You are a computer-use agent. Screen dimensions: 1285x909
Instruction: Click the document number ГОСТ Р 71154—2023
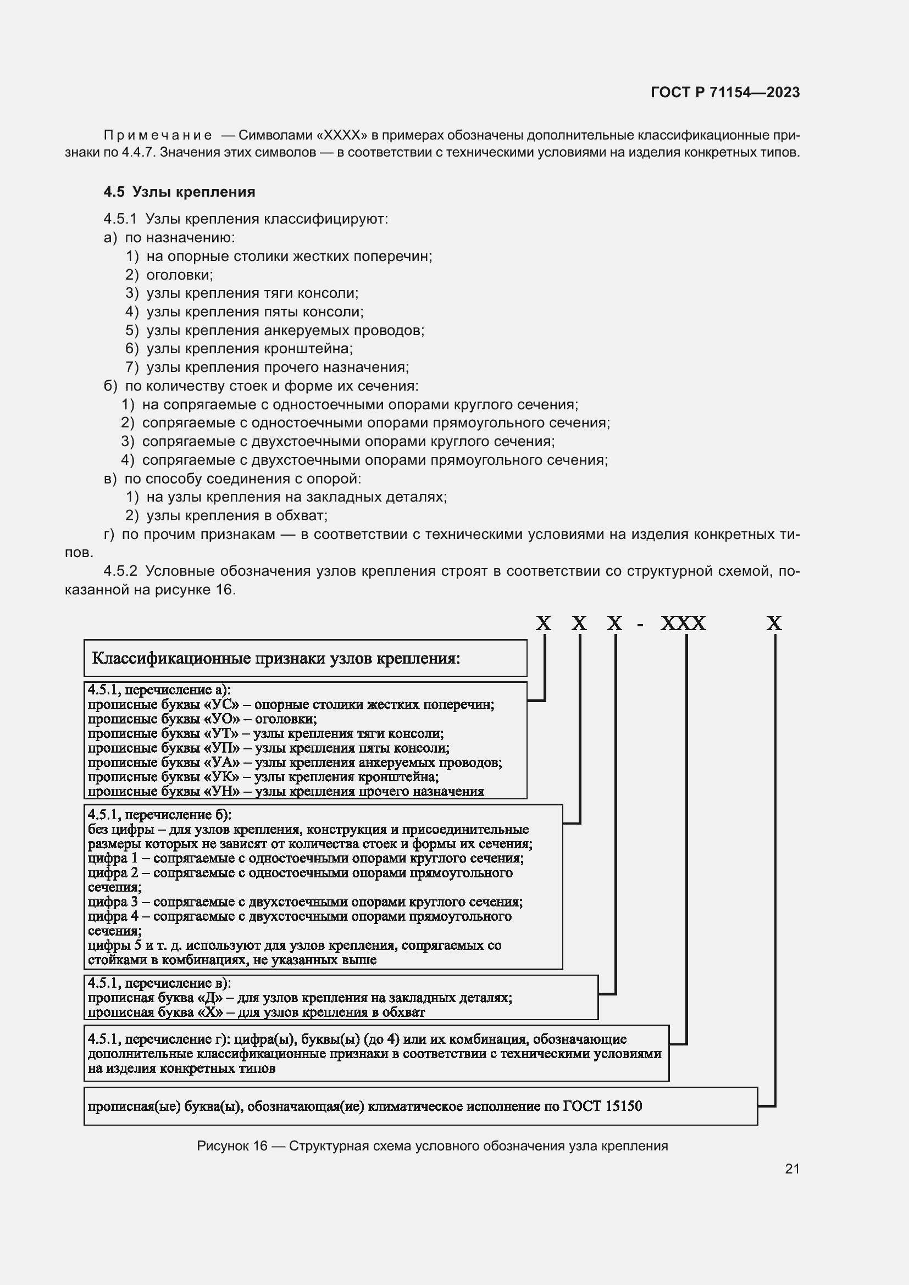[x=725, y=92]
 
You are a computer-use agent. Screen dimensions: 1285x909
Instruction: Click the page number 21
[x=792, y=1169]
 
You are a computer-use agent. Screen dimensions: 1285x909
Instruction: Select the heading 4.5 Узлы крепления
[x=179, y=192]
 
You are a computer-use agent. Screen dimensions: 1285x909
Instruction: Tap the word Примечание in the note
[x=158, y=136]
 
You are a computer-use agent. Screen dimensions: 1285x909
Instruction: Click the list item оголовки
[x=179, y=275]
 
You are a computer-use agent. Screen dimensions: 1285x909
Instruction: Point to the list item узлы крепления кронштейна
[x=249, y=349]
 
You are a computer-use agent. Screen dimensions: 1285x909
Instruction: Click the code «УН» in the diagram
[x=225, y=791]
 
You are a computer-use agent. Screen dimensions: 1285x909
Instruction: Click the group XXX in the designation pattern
[x=683, y=624]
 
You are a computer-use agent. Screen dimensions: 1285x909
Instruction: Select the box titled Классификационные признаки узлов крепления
[x=305, y=658]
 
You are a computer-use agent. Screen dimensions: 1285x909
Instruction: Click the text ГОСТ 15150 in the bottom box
[x=602, y=1106]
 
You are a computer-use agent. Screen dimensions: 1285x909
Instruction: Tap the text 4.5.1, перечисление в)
[x=159, y=983]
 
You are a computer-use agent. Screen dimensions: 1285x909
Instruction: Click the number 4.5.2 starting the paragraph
[x=120, y=571]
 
